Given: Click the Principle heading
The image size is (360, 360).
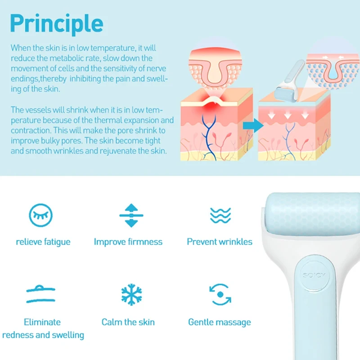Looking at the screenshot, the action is pyautogui.click(x=57, y=24).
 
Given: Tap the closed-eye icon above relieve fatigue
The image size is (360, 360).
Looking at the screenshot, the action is pyautogui.click(x=40, y=216).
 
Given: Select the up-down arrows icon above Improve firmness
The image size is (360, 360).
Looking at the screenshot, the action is pyautogui.click(x=131, y=216).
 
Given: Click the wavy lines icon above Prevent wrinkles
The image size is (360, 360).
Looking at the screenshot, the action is pyautogui.click(x=220, y=216).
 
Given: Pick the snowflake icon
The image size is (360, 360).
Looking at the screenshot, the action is pyautogui.click(x=131, y=295).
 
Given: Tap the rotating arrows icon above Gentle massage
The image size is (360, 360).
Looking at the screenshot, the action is pyautogui.click(x=220, y=294).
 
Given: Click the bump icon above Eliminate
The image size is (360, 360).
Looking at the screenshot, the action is pyautogui.click(x=41, y=294).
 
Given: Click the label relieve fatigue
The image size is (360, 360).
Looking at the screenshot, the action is pyautogui.click(x=43, y=242).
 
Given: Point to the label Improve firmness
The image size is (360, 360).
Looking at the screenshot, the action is pyautogui.click(x=128, y=242).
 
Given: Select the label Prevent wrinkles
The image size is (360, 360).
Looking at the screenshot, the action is pyautogui.click(x=220, y=242).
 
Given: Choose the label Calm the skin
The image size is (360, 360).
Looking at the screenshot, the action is pyautogui.click(x=128, y=322).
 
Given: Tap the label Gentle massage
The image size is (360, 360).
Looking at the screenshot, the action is pyautogui.click(x=220, y=322).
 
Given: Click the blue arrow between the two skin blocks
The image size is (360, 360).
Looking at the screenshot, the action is pyautogui.click(x=253, y=126).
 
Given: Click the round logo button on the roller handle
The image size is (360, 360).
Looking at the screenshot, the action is pyautogui.click(x=314, y=275).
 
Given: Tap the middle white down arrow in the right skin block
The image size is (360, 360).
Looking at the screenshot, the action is pyautogui.click(x=288, y=115).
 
